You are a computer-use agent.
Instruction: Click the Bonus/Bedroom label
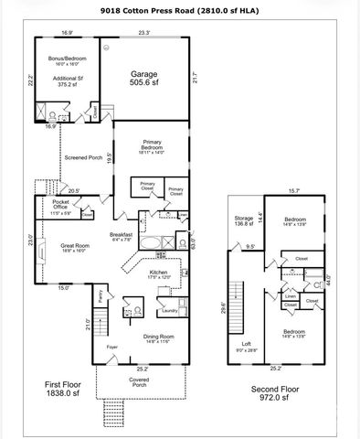67,59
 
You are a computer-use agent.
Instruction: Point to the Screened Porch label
81,157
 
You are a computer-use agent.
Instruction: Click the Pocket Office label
61,204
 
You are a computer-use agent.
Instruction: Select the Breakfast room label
122,234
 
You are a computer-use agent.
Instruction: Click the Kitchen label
159,273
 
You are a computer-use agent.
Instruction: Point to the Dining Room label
159,336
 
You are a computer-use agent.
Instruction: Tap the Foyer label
111,348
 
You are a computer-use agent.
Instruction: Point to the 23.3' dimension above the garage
143,33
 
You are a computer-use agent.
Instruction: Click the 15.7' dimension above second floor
293,190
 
